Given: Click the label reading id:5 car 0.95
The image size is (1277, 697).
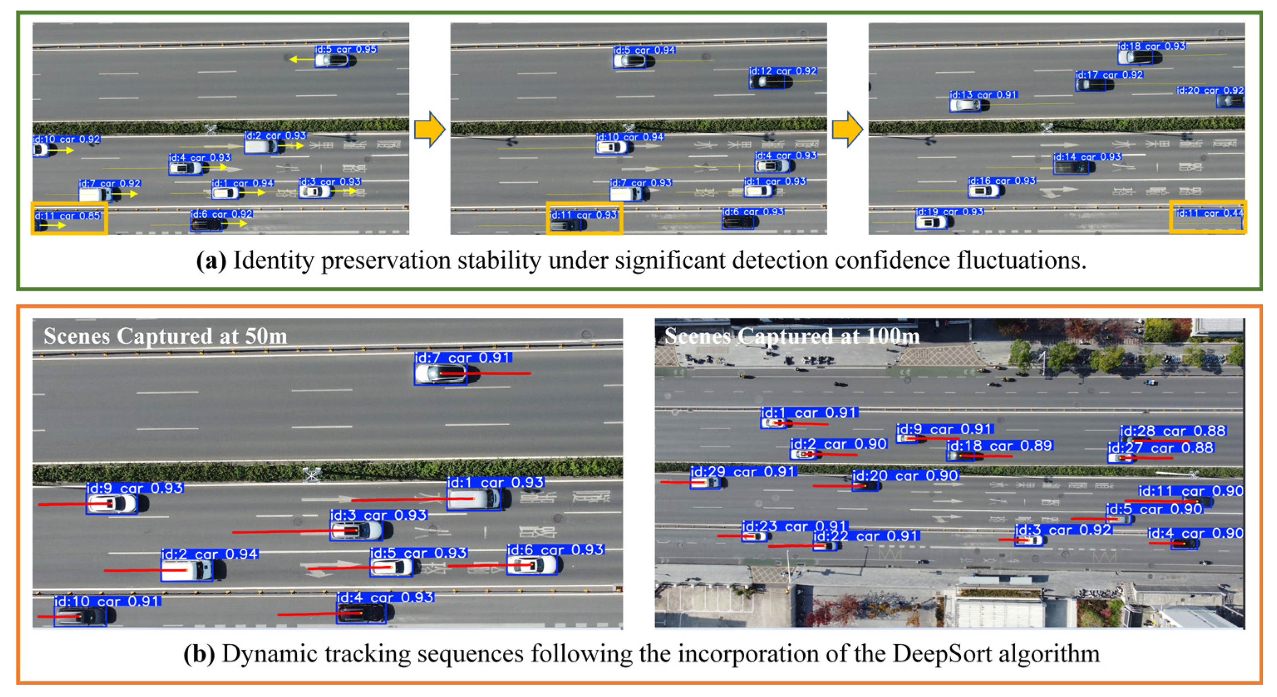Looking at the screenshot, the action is (x=346, y=49).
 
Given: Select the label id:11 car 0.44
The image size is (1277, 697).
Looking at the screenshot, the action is (x=1210, y=213).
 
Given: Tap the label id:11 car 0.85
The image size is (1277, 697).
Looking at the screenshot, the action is (x=68, y=216).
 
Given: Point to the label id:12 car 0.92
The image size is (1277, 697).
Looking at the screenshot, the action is (x=783, y=71).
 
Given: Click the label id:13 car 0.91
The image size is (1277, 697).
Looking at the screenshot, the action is (x=984, y=95).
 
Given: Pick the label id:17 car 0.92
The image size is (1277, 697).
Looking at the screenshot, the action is (x=1109, y=75).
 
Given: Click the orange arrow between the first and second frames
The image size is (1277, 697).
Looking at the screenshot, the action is (x=429, y=129).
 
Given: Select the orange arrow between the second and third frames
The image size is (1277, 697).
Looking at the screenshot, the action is (x=847, y=129).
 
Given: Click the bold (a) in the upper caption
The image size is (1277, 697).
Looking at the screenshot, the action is (x=211, y=261).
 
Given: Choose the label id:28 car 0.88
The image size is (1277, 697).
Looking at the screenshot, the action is (x=1173, y=431).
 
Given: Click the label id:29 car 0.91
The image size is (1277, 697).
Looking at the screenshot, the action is (x=743, y=472).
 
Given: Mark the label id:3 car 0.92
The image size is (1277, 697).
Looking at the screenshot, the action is (x=1063, y=530).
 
